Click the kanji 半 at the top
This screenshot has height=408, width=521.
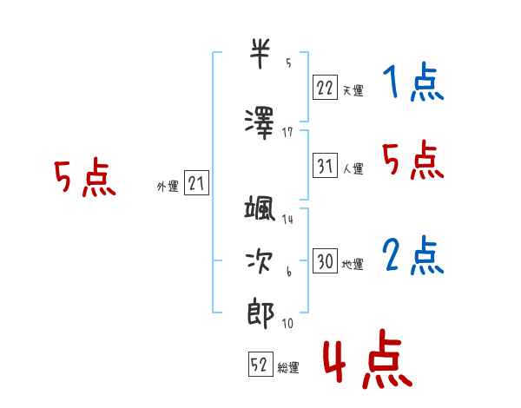(x=260, y=54)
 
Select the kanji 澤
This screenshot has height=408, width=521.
(x=260, y=123)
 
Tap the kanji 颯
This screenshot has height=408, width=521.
(x=260, y=207)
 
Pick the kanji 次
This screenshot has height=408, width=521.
(x=259, y=262)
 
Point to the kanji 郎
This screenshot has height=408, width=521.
(x=260, y=313)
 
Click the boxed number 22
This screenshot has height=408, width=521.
(x=325, y=88)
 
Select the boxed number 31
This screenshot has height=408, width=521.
(x=325, y=166)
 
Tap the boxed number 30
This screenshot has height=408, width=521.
(x=325, y=260)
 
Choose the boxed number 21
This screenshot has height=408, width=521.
(x=196, y=183)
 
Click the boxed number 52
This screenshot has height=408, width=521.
(x=260, y=364)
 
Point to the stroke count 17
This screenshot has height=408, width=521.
(x=287, y=133)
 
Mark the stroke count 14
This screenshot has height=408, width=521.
(x=287, y=219)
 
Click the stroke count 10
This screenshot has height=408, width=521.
(x=287, y=323)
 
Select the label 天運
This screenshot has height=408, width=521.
(x=353, y=90)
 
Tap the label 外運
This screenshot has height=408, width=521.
(x=168, y=187)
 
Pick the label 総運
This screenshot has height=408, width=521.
(x=288, y=368)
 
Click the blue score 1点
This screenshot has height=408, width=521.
(x=413, y=82)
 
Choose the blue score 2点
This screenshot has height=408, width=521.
(x=413, y=255)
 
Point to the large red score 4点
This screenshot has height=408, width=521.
(x=368, y=359)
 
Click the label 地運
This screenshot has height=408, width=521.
(x=353, y=265)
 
